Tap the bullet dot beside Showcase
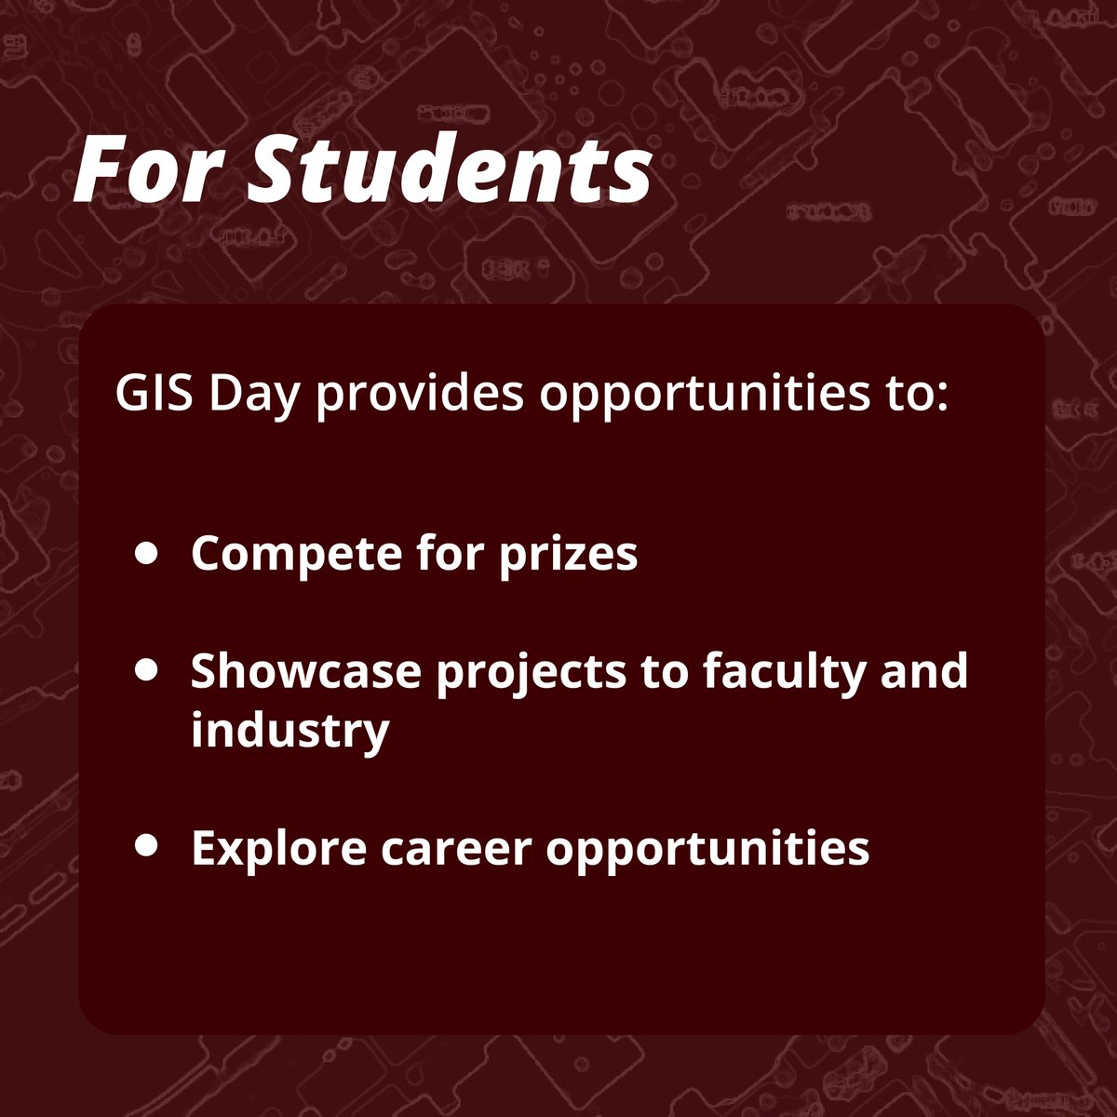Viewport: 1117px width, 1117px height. [x=145, y=670]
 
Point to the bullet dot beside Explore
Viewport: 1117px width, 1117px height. [x=145, y=845]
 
